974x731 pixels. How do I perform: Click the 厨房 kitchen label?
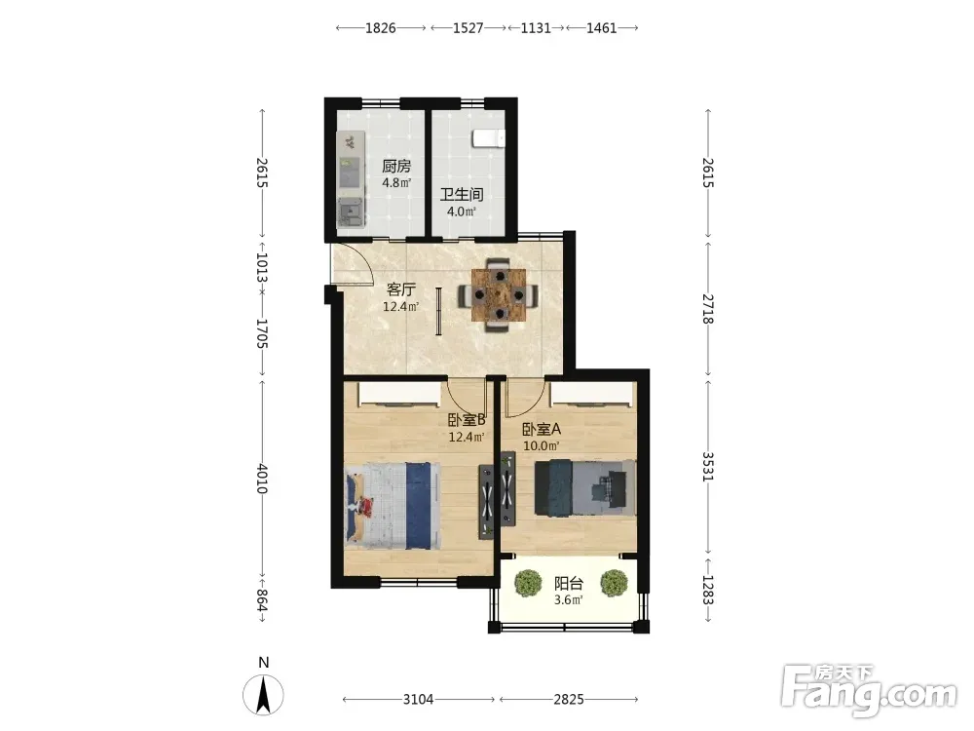pyautogui.click(x=396, y=167)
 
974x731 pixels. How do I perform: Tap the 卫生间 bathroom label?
pyautogui.click(x=462, y=195)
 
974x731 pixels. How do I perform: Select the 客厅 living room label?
pyautogui.click(x=400, y=289)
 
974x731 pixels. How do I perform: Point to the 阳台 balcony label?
pyautogui.click(x=569, y=584)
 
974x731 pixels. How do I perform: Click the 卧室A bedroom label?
pyautogui.click(x=541, y=430)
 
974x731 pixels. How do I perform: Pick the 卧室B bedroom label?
pyautogui.click(x=467, y=421)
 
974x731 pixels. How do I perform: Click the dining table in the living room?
pyautogui.click(x=498, y=294)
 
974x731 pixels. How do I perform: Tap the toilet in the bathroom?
pyautogui.click(x=488, y=138)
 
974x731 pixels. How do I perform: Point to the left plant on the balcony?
pyautogui.click(x=528, y=583)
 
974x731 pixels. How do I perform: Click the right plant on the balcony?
pyautogui.click(x=614, y=583)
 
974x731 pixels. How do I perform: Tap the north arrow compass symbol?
pyautogui.click(x=263, y=694)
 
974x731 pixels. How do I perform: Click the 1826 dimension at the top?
pyautogui.click(x=380, y=28)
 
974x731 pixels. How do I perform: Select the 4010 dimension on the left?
pyautogui.click(x=262, y=479)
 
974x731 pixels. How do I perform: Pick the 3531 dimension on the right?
pyautogui.click(x=707, y=466)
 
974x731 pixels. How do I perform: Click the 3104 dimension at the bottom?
pyautogui.click(x=418, y=699)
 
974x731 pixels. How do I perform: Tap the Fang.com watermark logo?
pyautogui.click(x=869, y=690)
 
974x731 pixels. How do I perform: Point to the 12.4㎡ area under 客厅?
pyautogui.click(x=400, y=306)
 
